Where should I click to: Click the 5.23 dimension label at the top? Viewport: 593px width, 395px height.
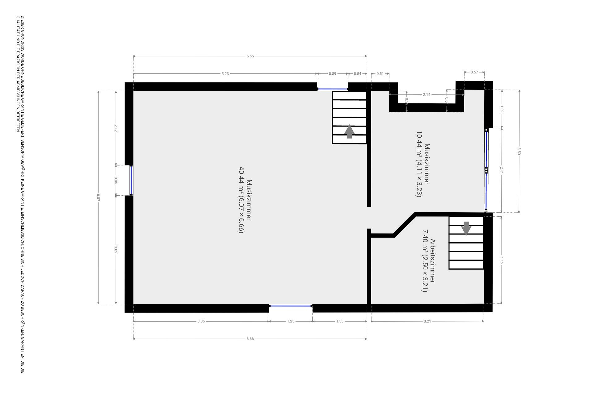point(225,74)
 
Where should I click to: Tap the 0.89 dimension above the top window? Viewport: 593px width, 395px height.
point(332,74)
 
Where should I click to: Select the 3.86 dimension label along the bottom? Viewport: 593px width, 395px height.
point(201,321)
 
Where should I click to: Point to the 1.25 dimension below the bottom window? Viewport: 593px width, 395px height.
point(291,321)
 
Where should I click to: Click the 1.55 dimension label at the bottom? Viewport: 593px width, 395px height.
point(339,321)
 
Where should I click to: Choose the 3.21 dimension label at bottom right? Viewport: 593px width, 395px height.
point(427,321)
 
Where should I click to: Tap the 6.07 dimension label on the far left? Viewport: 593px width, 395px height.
point(98,197)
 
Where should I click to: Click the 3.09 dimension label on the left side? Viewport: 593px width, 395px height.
point(116,249)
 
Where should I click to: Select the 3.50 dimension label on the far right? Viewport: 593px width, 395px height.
point(519,151)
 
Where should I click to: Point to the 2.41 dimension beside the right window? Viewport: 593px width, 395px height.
point(502,170)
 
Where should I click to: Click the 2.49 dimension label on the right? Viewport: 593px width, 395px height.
point(502,260)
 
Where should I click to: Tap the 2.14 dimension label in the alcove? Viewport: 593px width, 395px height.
point(427,94)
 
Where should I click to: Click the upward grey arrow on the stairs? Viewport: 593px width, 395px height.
point(349,132)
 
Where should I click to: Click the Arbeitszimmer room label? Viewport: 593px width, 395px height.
point(433,261)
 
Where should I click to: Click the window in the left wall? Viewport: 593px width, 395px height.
point(131,180)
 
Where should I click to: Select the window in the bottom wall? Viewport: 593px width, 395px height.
point(291,306)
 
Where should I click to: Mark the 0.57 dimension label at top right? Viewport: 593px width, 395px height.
point(474,72)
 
